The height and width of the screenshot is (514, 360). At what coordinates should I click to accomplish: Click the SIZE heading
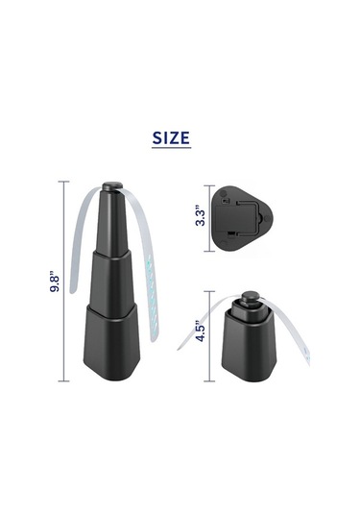[171, 137]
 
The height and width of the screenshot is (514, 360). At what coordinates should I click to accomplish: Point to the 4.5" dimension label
[201, 331]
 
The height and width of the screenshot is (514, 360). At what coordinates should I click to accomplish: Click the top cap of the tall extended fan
[112, 186]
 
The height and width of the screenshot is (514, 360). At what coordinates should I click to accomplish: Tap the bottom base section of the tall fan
[112, 341]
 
